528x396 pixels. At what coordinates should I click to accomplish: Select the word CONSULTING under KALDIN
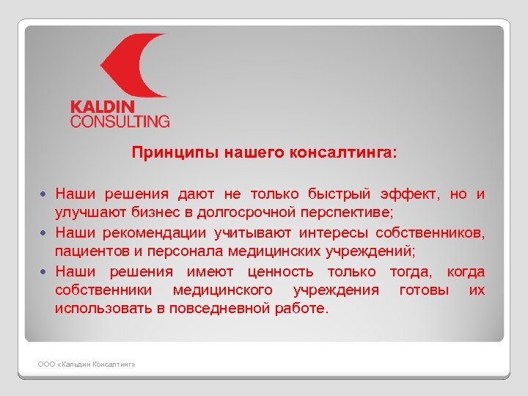click(120, 121)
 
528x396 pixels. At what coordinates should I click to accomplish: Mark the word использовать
click(103, 309)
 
